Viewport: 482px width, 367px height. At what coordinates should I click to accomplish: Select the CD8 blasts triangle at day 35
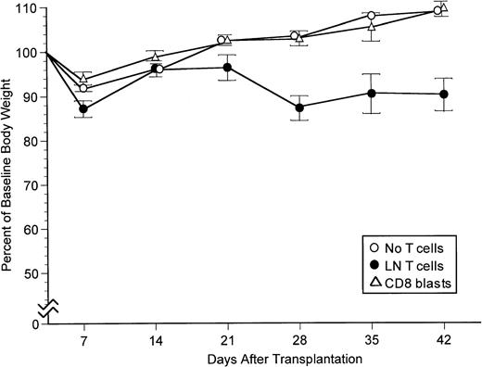372,26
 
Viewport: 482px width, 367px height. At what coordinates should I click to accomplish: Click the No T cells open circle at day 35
372,16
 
